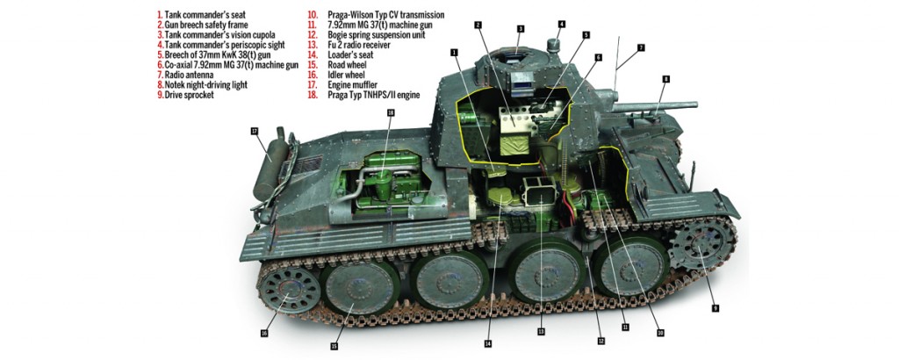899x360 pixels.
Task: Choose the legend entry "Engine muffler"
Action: click(349, 84)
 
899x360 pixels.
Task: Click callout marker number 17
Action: click(255, 132)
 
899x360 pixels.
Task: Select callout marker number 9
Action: click(716, 308)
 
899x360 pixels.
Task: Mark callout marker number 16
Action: click(263, 333)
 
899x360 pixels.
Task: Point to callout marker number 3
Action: click(520, 29)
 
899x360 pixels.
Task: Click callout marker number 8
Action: click(666, 79)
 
